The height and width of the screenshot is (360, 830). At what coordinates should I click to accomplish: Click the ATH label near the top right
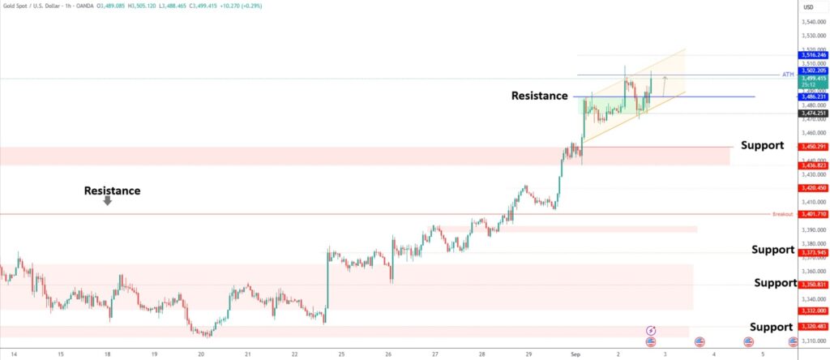point(787,75)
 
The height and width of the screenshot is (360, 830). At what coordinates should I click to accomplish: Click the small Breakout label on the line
point(782,214)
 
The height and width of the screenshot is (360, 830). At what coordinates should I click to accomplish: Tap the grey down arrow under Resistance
point(108,202)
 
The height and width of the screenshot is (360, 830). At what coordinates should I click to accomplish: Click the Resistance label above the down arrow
point(112,191)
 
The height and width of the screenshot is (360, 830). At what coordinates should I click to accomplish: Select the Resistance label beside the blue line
point(539,96)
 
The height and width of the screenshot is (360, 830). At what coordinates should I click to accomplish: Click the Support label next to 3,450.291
point(762,145)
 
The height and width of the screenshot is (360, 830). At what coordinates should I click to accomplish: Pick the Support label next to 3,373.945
point(772,250)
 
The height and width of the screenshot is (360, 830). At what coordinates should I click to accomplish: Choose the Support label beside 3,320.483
point(771,327)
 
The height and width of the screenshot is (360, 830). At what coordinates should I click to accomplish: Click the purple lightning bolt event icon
point(651,331)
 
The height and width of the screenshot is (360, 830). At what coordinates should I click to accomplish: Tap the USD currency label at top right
point(808,7)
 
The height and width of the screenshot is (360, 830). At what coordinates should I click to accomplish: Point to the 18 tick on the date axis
point(106,354)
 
